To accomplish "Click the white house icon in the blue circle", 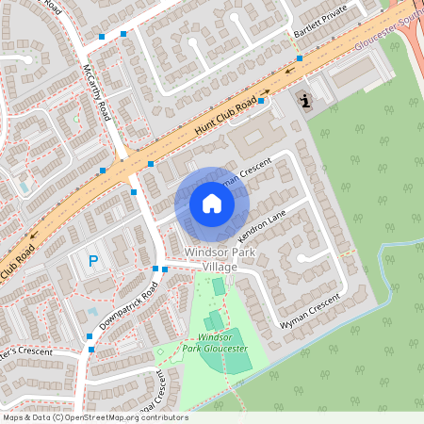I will click(212, 203).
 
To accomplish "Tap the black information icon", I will click(304, 100).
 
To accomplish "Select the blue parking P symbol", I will click(93, 261).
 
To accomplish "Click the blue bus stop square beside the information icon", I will click(299, 59).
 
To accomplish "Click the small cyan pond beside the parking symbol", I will click(91, 312).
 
